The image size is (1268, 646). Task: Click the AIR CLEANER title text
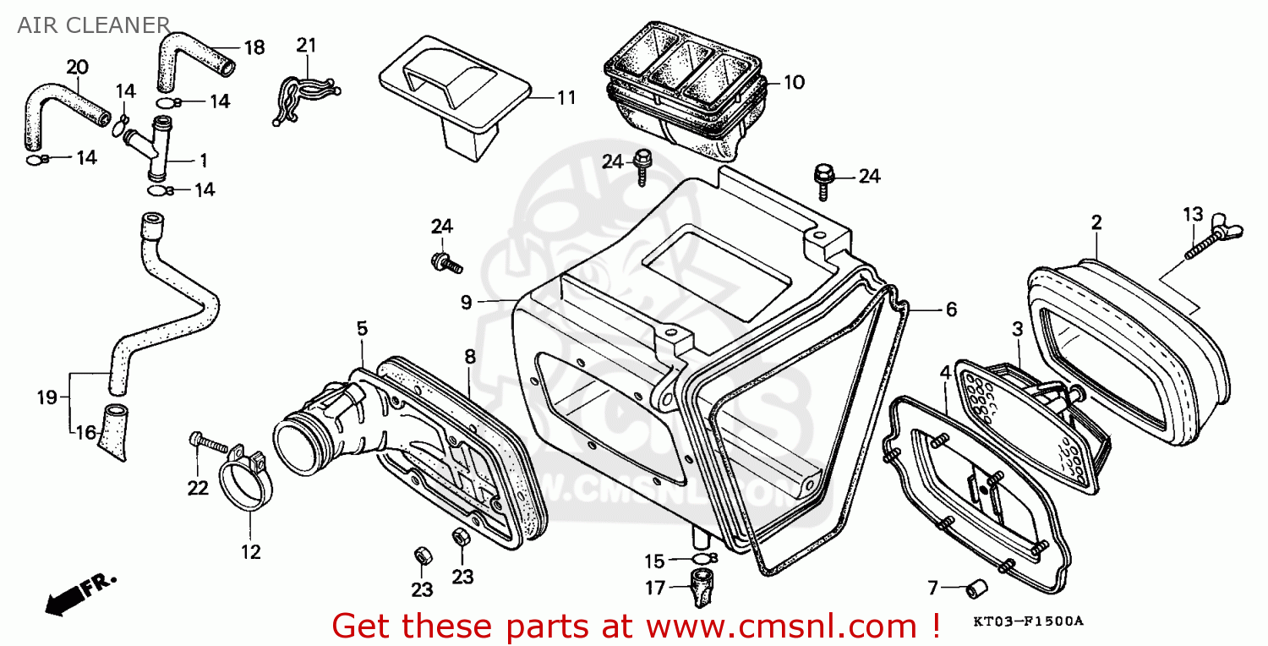coord(93,25)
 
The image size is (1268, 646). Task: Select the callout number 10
coord(795,83)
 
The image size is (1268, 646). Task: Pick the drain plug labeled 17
coord(702,588)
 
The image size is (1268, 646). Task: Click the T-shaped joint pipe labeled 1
coord(151,145)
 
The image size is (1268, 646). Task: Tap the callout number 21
coord(306,46)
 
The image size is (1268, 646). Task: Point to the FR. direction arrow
coord(79,594)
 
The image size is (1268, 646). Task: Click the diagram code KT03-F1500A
coord(1028,621)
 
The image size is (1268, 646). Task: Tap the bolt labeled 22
coord(209,443)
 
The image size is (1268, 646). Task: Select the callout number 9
coord(466,303)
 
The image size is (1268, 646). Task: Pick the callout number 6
coord(951,309)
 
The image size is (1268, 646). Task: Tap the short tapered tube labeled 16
coord(113,433)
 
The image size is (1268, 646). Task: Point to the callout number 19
coord(47,397)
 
